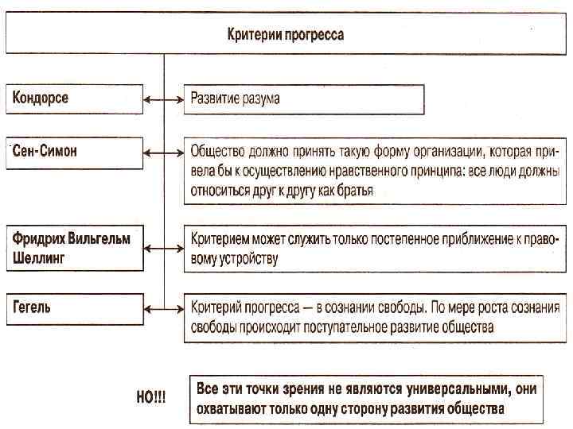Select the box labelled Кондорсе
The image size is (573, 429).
click(x=75, y=99)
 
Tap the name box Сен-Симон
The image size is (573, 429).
click(x=75, y=151)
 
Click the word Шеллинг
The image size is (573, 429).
click(x=38, y=257)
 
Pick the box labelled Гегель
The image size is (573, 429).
click(x=75, y=307)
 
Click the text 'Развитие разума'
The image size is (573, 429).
click(x=235, y=99)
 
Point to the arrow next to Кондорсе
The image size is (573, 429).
click(x=164, y=99)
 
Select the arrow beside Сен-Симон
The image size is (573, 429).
click(x=164, y=151)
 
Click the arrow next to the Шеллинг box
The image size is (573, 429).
click(x=164, y=248)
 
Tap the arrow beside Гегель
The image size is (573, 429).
click(x=164, y=307)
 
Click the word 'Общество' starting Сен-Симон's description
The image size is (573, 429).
click(x=217, y=150)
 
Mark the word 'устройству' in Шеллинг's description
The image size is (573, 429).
click(x=245, y=258)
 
